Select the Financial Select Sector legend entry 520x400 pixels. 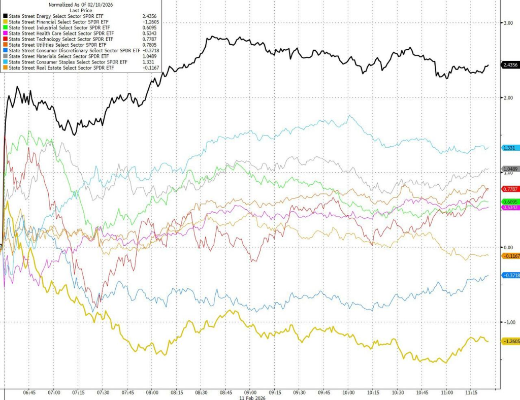click(x=51, y=21)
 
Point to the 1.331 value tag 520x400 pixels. click(x=509, y=148)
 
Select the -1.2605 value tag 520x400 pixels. click(x=510, y=341)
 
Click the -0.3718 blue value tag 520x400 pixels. click(x=510, y=275)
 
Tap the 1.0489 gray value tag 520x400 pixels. click(x=510, y=169)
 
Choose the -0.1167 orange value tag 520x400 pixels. click(x=510, y=256)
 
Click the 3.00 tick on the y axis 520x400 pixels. click(x=507, y=23)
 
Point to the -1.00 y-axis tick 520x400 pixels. click(x=507, y=322)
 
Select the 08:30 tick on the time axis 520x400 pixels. click(x=201, y=393)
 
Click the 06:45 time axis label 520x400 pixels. click(x=29, y=393)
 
